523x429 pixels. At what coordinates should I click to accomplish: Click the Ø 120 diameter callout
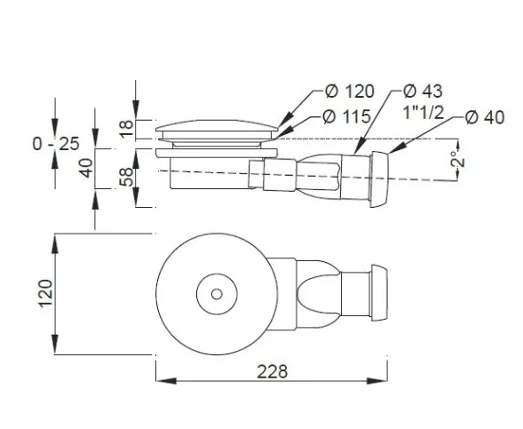(x=350, y=91)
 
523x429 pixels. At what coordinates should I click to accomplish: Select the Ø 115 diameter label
(x=347, y=116)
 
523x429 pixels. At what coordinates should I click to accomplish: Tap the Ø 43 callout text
(x=423, y=91)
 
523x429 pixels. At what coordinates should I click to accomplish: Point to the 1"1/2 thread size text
(x=424, y=112)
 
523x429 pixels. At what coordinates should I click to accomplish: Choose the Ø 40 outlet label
(x=485, y=117)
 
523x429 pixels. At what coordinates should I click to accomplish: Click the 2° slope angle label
(x=458, y=159)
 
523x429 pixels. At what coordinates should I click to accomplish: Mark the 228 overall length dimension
(x=273, y=371)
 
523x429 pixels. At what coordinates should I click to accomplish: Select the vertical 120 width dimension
(x=45, y=293)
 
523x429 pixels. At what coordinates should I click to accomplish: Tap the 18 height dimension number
(x=127, y=129)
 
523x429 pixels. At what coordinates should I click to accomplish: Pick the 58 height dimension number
(x=127, y=177)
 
